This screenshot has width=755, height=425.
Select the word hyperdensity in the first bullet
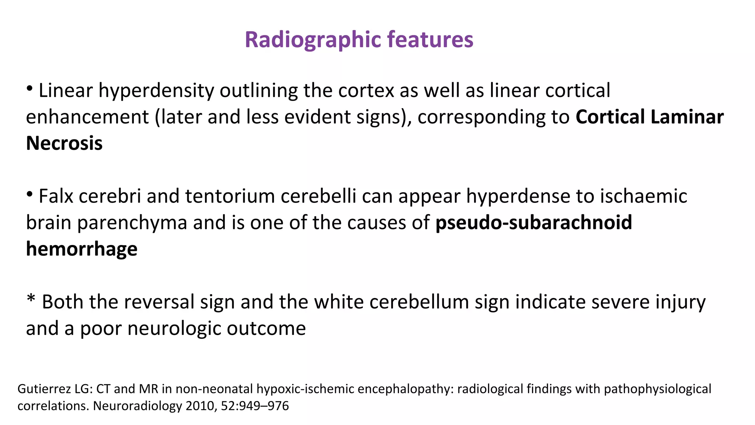156,91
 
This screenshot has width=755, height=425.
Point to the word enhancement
87,117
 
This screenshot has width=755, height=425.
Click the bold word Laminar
687,117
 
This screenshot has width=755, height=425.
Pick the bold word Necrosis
64,144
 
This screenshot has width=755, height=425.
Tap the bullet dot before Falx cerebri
30,194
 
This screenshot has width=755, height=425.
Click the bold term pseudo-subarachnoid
533,223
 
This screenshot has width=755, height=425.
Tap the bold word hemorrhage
81,249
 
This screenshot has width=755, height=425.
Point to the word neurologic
174,329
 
